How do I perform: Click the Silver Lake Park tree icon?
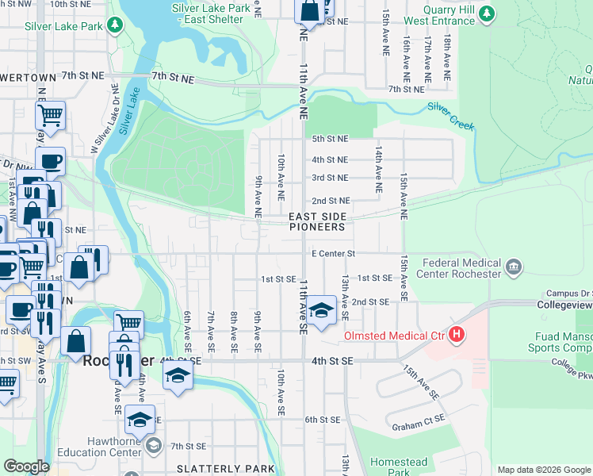point(116,25)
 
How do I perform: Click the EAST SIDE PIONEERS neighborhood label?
point(317,221)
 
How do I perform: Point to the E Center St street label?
point(331,254)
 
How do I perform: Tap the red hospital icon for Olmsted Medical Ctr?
point(456,336)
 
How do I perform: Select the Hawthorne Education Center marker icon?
point(154,446)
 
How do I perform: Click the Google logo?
point(26,466)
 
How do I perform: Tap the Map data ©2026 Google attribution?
point(543,470)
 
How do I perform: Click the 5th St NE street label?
point(330,139)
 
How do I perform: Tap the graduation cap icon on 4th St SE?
point(178,374)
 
